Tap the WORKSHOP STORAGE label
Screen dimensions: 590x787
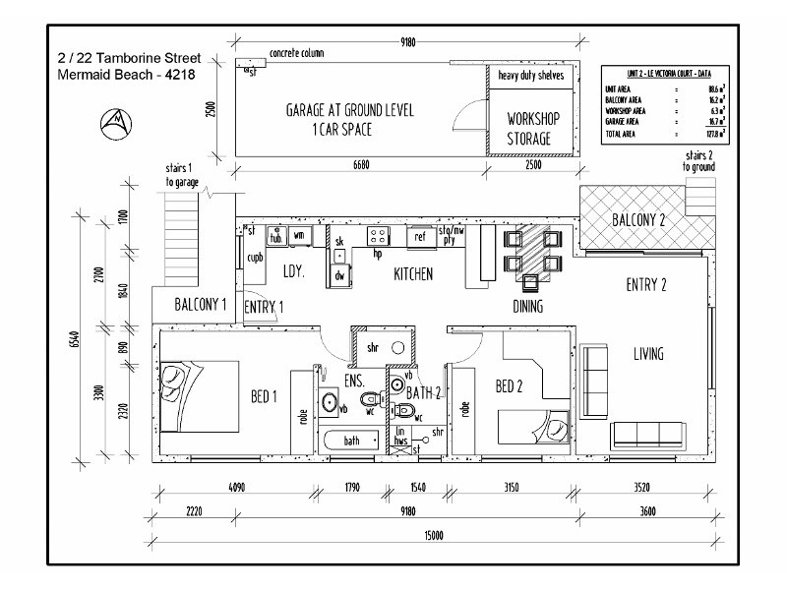[x=532, y=129]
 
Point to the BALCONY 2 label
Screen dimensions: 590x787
[x=638, y=219]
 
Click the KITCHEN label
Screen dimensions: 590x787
[x=413, y=274]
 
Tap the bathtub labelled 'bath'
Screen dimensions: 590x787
[x=351, y=442]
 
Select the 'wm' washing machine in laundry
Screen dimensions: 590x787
[x=299, y=234]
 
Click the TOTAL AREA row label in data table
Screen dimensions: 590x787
[x=621, y=133]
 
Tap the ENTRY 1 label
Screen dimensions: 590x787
[x=264, y=308]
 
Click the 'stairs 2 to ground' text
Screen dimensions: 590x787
[x=699, y=162]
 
